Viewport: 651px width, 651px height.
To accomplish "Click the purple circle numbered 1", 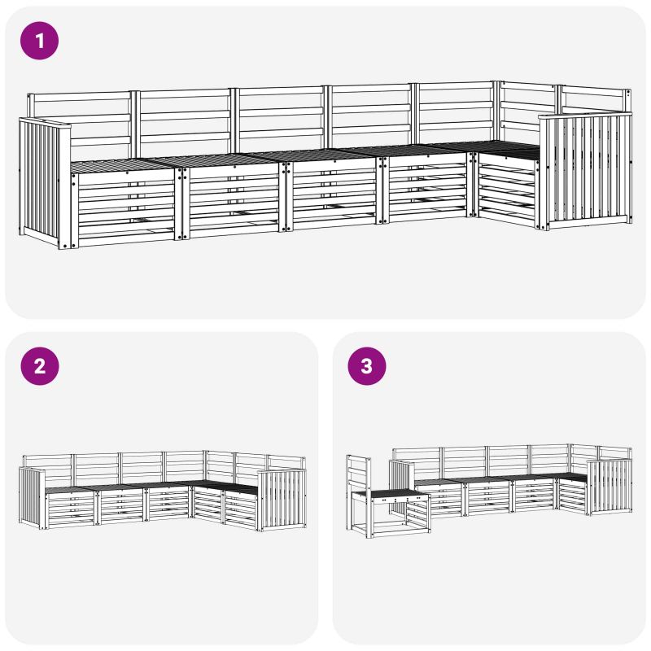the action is pos(39,41).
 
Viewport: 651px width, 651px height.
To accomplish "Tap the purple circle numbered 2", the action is pos(39,366).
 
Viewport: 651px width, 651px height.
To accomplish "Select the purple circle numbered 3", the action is pos(367,366).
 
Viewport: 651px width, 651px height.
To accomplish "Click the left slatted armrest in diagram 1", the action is pos(45,182).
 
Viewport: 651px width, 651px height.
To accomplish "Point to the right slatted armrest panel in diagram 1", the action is pos(585,171).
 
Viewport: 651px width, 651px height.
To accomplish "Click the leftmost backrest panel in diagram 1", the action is pos(81,125).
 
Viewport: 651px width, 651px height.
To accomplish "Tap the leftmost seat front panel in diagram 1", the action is pos(124,208).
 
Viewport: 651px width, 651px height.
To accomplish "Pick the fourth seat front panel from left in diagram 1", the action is pos(428,188).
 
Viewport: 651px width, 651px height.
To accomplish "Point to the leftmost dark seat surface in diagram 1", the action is pos(120,165).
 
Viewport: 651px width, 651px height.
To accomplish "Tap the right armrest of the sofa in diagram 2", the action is pos(282,500).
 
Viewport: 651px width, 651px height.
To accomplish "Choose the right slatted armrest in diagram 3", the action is pos(609,487).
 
